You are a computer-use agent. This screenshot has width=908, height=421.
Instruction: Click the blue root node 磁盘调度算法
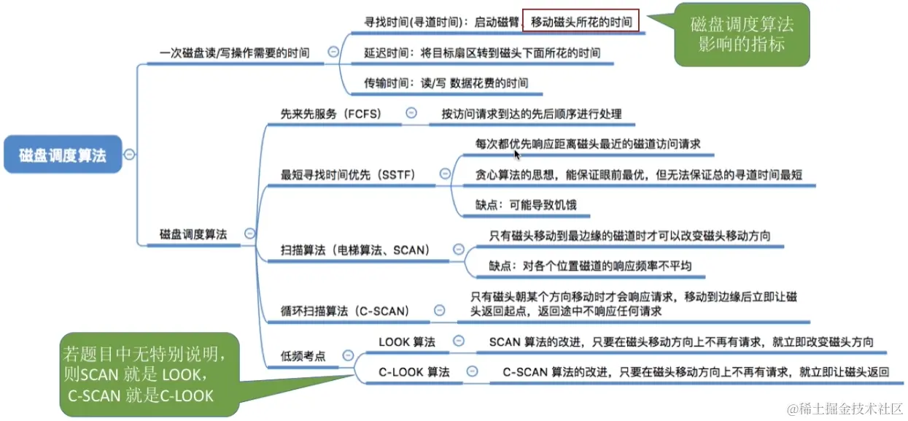click(x=63, y=155)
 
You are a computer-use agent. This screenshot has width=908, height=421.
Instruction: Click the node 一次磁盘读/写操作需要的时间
click(x=233, y=53)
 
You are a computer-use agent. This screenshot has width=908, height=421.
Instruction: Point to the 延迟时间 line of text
click(x=482, y=53)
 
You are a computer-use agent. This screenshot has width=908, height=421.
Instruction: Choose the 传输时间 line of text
click(x=446, y=83)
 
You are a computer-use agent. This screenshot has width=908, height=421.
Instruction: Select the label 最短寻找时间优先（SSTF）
click(x=348, y=174)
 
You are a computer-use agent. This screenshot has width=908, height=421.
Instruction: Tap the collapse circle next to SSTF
click(x=445, y=174)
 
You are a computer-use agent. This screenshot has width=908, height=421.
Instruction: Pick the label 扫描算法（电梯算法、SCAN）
click(x=355, y=250)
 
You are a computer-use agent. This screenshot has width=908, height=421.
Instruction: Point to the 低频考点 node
click(x=303, y=356)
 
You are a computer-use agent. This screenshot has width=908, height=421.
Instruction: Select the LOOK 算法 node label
click(x=406, y=341)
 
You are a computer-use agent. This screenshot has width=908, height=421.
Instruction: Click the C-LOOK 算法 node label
click(x=414, y=372)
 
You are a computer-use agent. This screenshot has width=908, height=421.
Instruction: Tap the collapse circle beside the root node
click(x=130, y=154)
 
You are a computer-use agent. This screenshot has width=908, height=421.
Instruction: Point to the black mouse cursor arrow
click(x=517, y=153)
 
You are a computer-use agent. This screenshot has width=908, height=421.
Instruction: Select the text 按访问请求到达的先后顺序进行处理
click(x=531, y=114)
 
